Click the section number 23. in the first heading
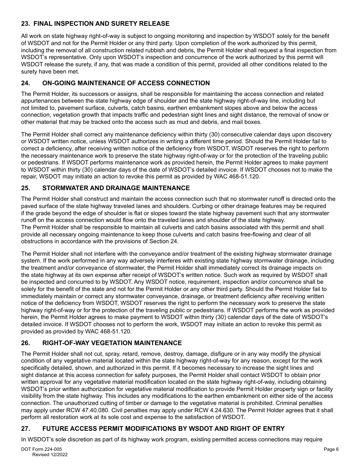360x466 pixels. (x=25, y=23)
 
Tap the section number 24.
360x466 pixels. (x=25, y=83)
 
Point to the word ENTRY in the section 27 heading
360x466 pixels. (x=273, y=428)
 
